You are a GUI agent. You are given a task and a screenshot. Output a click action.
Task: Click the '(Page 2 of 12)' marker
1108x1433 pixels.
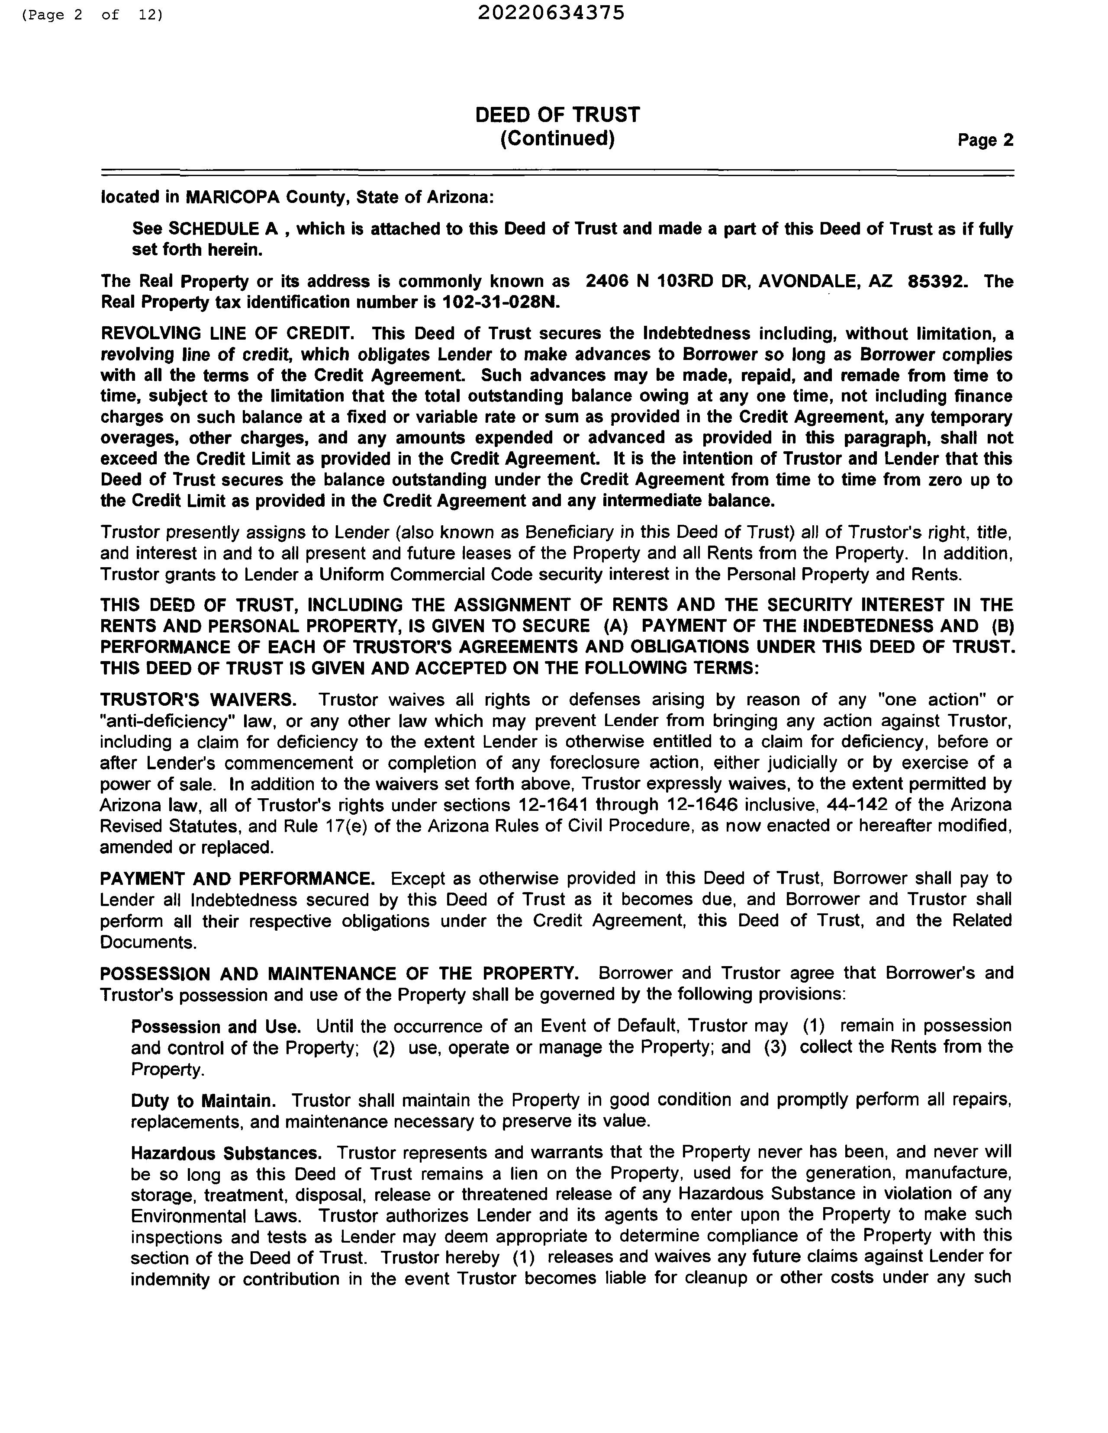(92, 14)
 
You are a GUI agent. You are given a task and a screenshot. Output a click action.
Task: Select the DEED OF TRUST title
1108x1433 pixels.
(557, 115)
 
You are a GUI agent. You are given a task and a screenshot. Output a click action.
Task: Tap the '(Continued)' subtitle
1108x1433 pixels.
(557, 138)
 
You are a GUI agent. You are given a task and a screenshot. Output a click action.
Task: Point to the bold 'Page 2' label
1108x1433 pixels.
(985, 140)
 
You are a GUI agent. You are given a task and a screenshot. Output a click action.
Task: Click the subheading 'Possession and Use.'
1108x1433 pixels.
(216, 1027)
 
